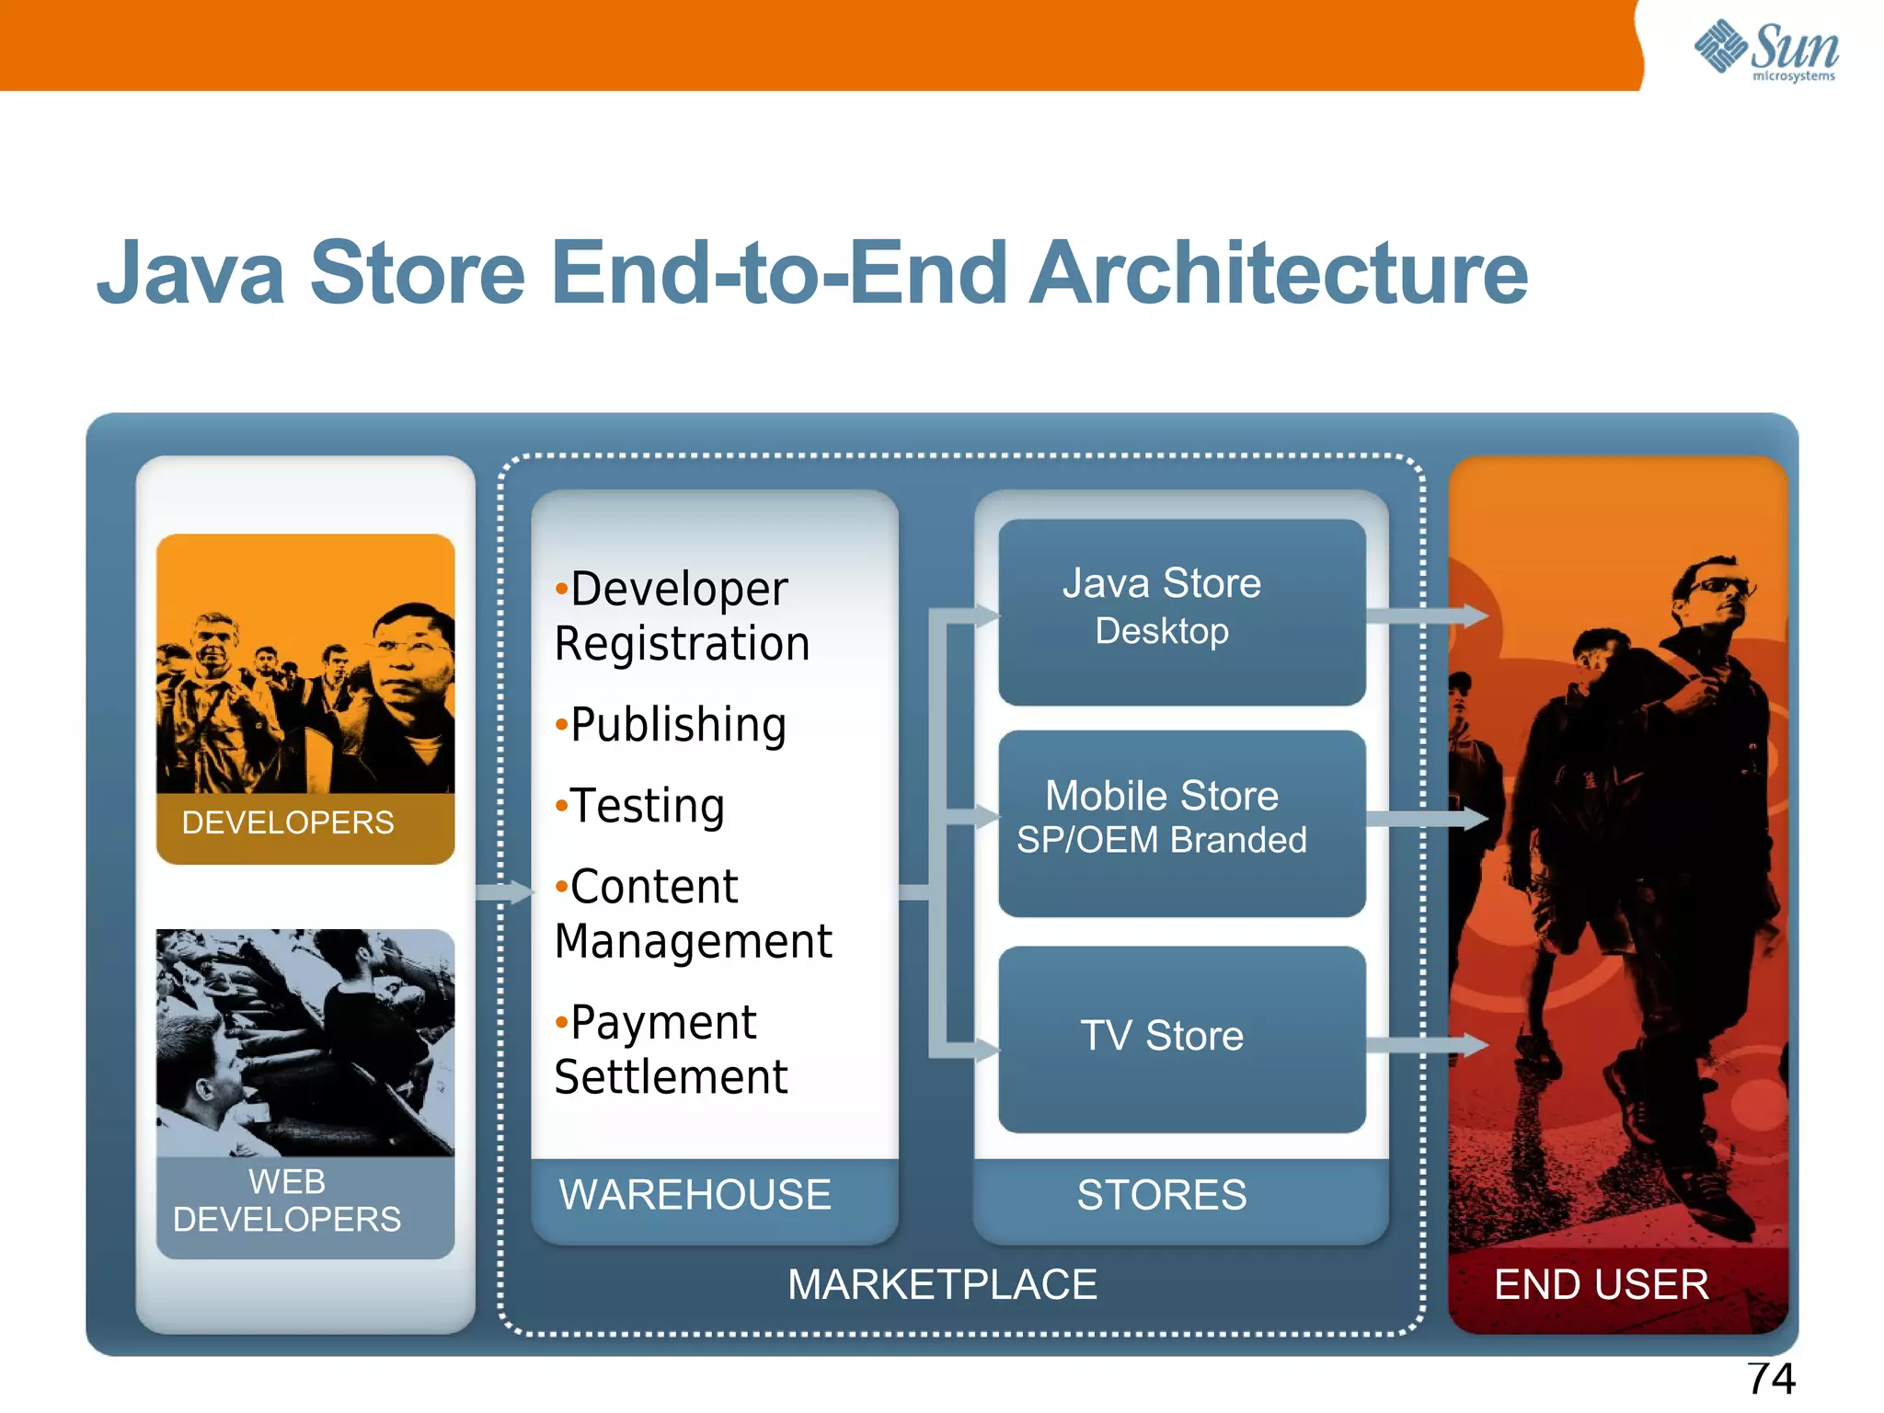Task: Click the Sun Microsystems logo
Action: click(1765, 50)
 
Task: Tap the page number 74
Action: click(1771, 1378)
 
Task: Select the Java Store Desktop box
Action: click(1181, 612)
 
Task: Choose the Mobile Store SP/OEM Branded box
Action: click(1181, 822)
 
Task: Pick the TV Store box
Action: click(1181, 1039)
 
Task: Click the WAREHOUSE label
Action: click(695, 1195)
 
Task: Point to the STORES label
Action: click(1162, 1195)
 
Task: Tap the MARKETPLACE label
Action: click(942, 1284)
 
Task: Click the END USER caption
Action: click(1601, 1284)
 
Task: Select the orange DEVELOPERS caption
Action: click(288, 822)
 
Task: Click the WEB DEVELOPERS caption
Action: click(287, 1200)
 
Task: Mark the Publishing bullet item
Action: click(677, 725)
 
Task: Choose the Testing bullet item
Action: click(647, 806)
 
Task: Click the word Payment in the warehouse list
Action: click(662, 1023)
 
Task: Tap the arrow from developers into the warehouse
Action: click(504, 891)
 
